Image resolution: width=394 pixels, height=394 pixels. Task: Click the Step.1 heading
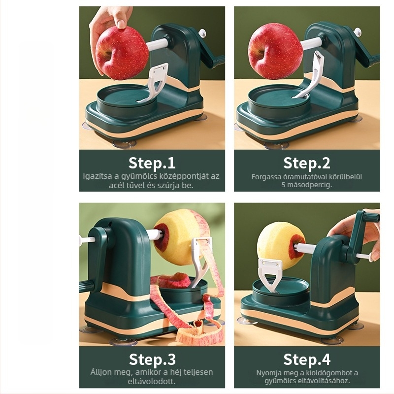152,163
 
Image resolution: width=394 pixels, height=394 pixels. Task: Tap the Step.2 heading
306,163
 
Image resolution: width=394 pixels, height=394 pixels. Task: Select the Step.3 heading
152,360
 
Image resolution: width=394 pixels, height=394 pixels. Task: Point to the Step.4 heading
307,360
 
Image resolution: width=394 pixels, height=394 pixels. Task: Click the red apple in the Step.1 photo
122,53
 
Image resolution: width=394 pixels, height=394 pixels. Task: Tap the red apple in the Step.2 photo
275,51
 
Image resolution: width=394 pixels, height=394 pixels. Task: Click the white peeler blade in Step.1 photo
153,83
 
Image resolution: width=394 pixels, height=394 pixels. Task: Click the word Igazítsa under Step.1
98,176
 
